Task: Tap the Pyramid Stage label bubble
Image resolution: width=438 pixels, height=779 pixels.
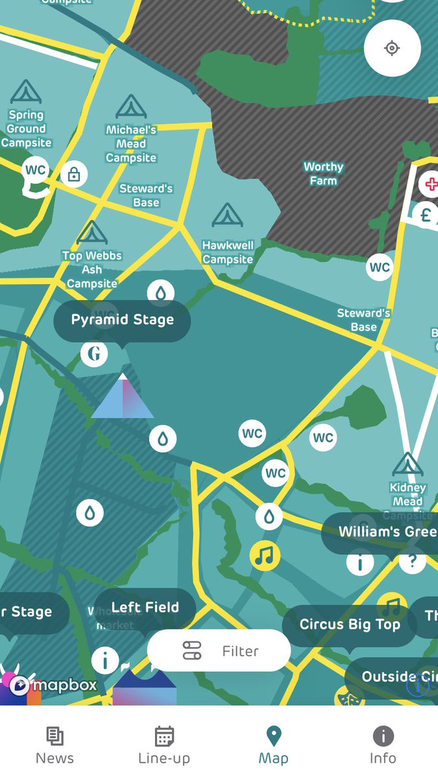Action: pyautogui.click(x=122, y=320)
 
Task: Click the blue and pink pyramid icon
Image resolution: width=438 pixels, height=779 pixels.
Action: pyautogui.click(x=123, y=397)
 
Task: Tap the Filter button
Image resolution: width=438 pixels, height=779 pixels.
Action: pyautogui.click(x=219, y=650)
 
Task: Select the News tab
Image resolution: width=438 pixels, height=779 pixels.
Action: pyautogui.click(x=55, y=745)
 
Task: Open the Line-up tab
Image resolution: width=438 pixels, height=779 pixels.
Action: pyautogui.click(x=164, y=745)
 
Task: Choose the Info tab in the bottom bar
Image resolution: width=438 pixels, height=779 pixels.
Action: pyautogui.click(x=383, y=745)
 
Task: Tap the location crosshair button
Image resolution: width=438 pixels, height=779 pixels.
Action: pyautogui.click(x=392, y=49)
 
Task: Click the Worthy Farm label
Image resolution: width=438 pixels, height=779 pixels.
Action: pyautogui.click(x=323, y=174)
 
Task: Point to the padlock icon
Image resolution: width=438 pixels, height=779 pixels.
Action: pyautogui.click(x=74, y=174)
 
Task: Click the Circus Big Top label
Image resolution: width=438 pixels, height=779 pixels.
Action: pyautogui.click(x=349, y=624)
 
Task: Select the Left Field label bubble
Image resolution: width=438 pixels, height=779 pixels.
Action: pyautogui.click(x=145, y=608)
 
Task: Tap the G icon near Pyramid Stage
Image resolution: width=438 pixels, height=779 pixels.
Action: pyautogui.click(x=94, y=354)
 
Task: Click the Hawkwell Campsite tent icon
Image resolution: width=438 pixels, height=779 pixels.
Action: pyautogui.click(x=227, y=215)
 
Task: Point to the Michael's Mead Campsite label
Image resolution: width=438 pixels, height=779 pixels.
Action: pyautogui.click(x=131, y=143)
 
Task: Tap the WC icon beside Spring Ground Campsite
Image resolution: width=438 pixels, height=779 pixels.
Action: pyautogui.click(x=35, y=171)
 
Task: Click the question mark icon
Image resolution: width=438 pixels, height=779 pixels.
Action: pyautogui.click(x=411, y=562)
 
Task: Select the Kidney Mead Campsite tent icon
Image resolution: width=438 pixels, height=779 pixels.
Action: pyautogui.click(x=408, y=465)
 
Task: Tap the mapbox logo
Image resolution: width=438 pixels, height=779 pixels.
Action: pyautogui.click(x=55, y=685)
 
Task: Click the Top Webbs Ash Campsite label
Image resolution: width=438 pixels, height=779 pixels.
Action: pyautogui.click(x=91, y=269)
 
